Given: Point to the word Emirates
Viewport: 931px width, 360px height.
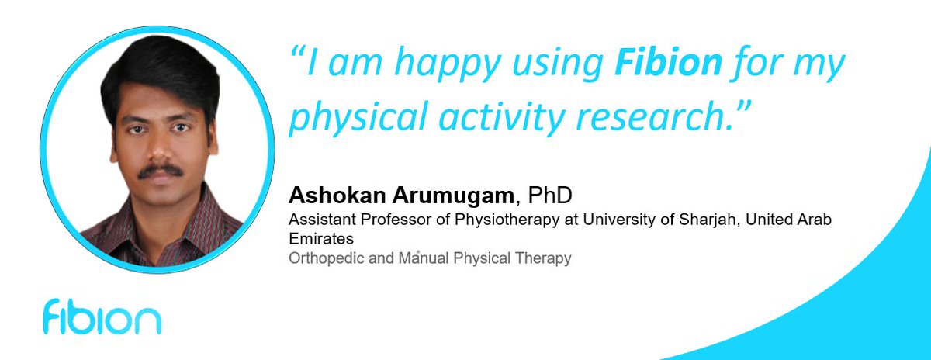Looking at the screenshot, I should [x=320, y=239].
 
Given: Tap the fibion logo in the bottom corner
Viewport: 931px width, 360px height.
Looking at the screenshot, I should [x=102, y=319].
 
